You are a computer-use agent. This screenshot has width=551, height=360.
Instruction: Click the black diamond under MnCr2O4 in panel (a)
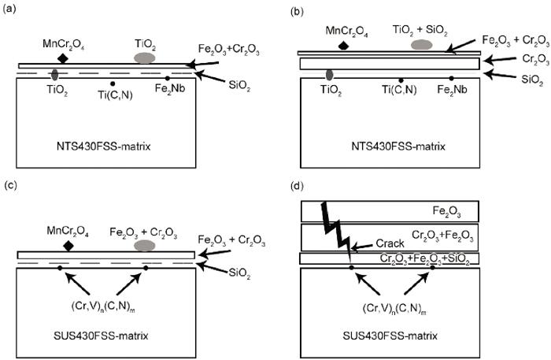click(x=62, y=58)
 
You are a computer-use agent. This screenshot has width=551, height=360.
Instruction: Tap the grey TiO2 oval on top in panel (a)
click(x=144, y=58)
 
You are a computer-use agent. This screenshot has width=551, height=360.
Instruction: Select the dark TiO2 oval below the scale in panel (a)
click(x=54, y=75)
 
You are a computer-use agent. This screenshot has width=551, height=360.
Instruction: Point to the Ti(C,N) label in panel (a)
click(x=115, y=95)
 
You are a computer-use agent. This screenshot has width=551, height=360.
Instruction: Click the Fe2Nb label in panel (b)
click(x=453, y=90)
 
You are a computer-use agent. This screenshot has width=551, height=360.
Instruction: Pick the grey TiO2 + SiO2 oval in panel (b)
click(x=421, y=44)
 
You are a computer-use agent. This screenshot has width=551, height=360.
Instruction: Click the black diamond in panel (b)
click(x=343, y=46)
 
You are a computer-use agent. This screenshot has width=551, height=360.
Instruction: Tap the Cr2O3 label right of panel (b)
click(x=535, y=59)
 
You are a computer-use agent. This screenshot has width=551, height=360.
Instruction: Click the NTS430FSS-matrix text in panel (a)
click(x=103, y=147)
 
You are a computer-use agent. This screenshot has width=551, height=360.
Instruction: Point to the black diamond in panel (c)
click(x=68, y=246)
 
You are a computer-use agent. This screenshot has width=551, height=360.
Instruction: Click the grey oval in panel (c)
click(x=145, y=246)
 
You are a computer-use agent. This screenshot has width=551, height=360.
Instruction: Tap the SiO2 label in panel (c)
click(x=239, y=273)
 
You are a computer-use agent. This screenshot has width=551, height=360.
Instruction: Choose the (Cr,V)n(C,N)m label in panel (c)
click(x=103, y=308)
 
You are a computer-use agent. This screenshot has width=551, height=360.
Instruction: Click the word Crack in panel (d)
click(x=390, y=243)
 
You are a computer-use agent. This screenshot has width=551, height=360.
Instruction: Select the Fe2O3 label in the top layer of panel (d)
click(x=446, y=212)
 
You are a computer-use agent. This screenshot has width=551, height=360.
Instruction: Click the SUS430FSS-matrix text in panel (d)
click(x=390, y=336)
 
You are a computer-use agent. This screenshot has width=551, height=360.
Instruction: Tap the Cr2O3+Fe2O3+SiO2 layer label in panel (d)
click(x=425, y=258)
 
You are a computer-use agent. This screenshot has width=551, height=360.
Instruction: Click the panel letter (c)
click(x=9, y=186)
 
